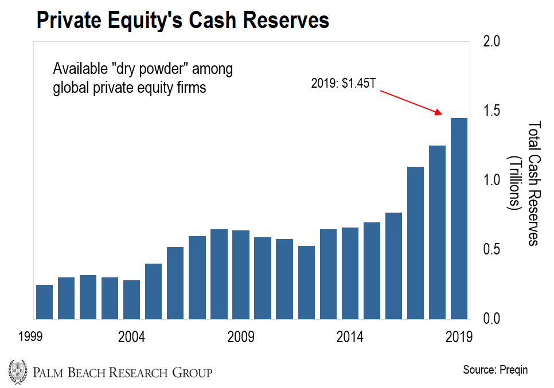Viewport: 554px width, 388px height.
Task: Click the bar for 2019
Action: click(x=459, y=218)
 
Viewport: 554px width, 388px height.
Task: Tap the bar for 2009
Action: click(x=241, y=275)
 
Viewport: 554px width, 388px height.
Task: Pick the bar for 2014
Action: click(x=350, y=273)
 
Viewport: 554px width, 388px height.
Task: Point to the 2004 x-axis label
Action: click(x=132, y=337)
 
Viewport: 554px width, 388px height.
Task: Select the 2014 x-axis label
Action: click(x=350, y=337)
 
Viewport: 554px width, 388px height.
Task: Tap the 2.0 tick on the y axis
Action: click(x=493, y=42)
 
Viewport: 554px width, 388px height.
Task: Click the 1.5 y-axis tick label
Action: click(x=493, y=111)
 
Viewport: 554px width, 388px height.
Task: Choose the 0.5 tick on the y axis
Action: click(x=493, y=249)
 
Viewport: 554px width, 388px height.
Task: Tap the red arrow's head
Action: click(x=440, y=113)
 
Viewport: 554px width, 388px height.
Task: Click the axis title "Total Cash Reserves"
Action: click(x=533, y=183)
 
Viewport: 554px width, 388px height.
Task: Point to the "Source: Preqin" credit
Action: click(x=495, y=370)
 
